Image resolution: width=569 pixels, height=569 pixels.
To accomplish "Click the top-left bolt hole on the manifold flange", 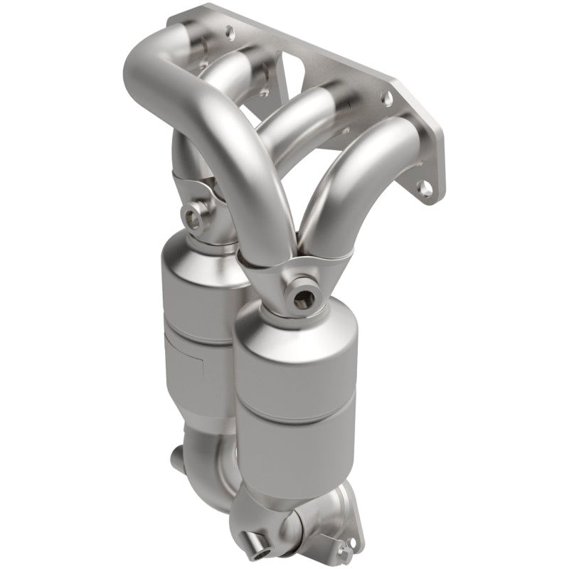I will pos(229,32).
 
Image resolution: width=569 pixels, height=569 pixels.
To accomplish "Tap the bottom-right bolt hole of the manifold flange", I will pos(425,188).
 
